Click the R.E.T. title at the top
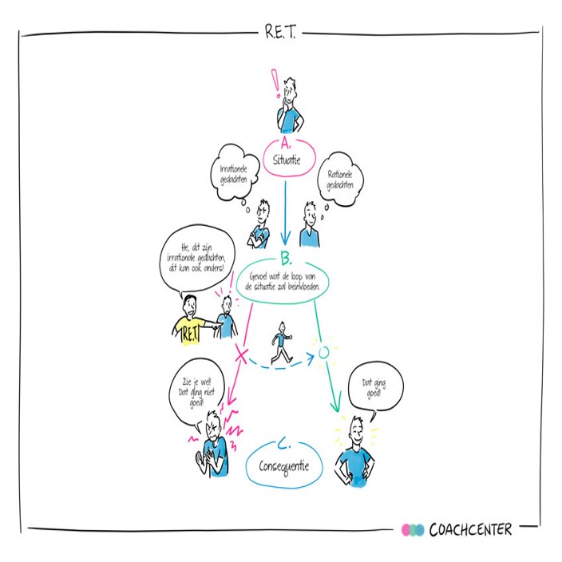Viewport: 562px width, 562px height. coord(281,32)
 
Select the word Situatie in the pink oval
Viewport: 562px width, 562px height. coord(285,159)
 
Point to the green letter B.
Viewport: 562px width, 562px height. coord(284,257)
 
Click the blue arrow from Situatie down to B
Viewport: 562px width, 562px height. coord(283,212)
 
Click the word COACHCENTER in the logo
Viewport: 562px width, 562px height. coord(470,529)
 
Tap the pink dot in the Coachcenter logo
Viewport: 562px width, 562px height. coord(407,530)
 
